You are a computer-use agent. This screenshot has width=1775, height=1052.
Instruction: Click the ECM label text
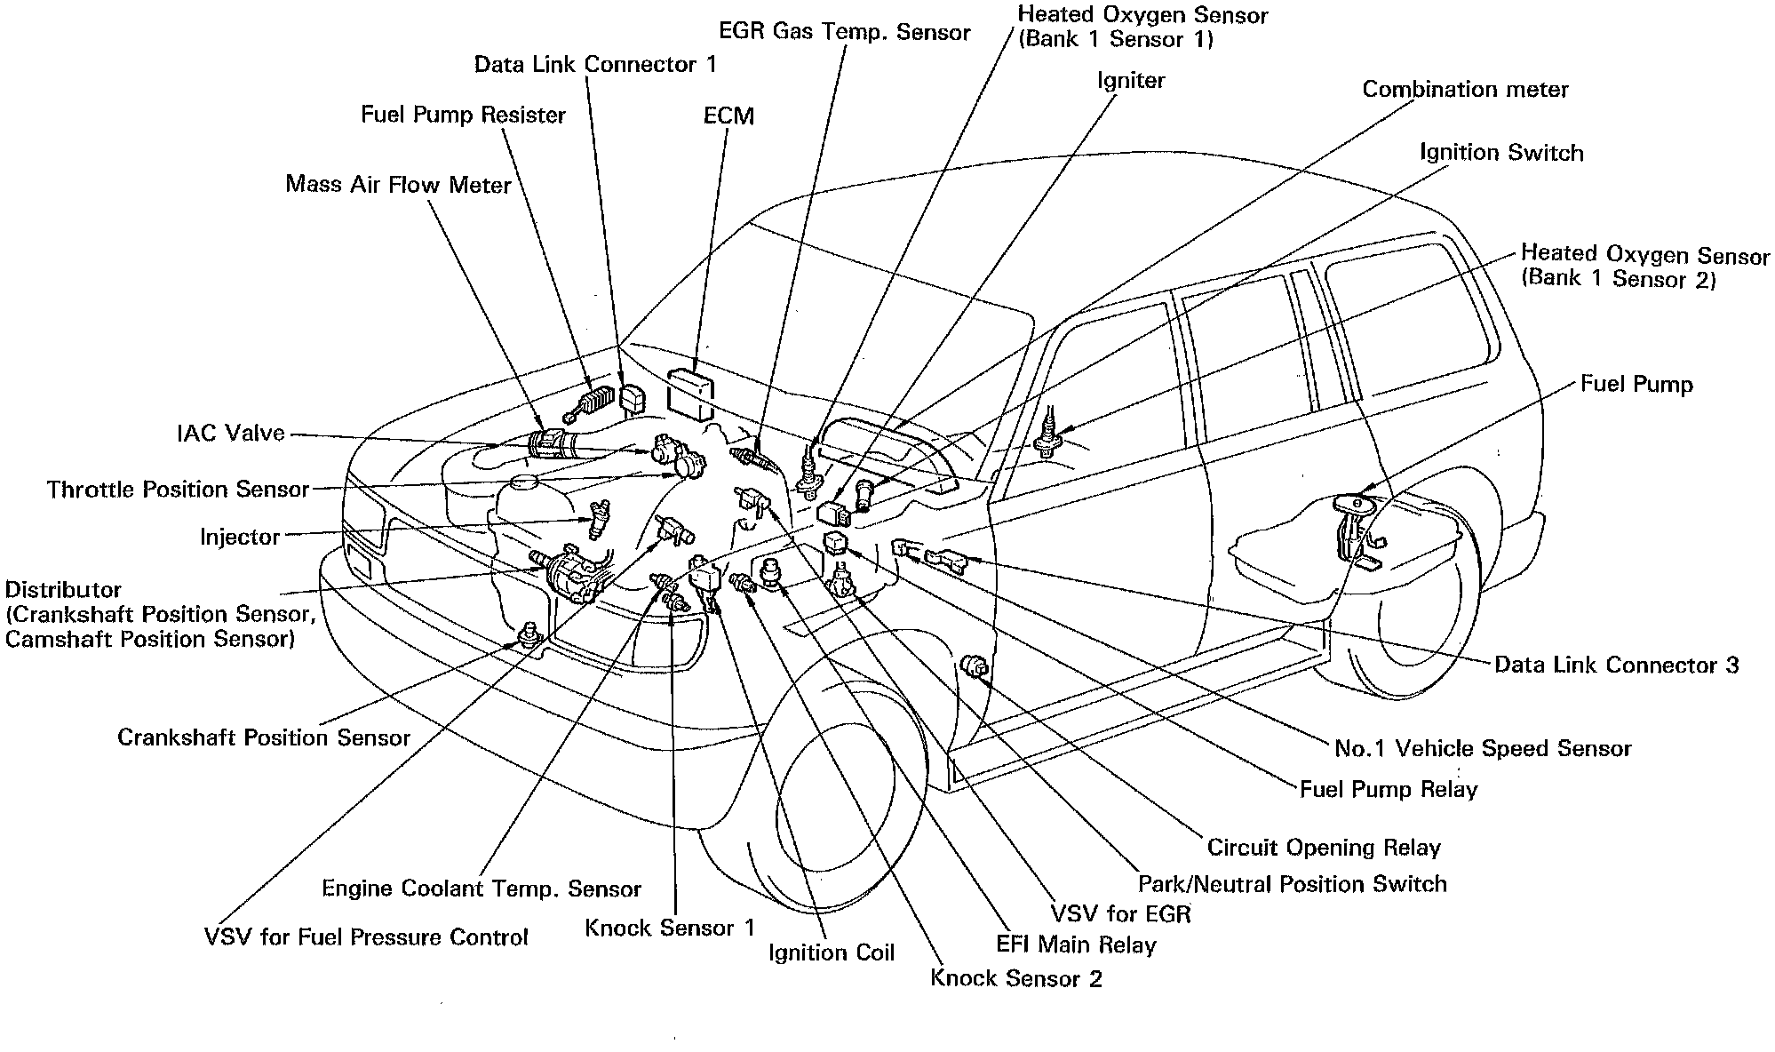pyautogui.click(x=728, y=116)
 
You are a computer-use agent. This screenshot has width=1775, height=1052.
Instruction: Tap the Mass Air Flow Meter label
pyautogui.click(x=398, y=185)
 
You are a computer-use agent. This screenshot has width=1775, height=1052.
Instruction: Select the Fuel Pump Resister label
pyautogui.click(x=463, y=116)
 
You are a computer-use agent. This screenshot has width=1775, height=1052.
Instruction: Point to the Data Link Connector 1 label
pyautogui.click(x=594, y=65)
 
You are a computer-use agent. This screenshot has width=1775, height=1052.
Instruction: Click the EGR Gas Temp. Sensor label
pyautogui.click(x=844, y=34)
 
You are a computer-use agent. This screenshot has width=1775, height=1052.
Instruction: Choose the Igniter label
pyautogui.click(x=1130, y=81)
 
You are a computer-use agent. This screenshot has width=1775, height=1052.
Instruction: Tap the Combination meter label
pyautogui.click(x=1465, y=90)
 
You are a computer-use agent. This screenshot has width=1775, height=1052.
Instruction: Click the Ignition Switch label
pyautogui.click(x=1500, y=153)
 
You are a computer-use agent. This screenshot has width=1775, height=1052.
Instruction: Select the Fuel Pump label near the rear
pyautogui.click(x=1636, y=385)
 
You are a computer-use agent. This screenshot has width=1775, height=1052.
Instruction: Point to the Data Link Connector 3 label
pyautogui.click(x=1616, y=665)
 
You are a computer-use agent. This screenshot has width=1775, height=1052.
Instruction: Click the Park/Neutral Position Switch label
pyautogui.click(x=1292, y=884)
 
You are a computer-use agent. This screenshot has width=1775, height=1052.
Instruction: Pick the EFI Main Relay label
pyautogui.click(x=1076, y=944)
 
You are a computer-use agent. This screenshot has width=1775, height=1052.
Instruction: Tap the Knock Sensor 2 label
pyautogui.click(x=1015, y=979)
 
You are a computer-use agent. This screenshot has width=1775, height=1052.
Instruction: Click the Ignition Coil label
pyautogui.click(x=832, y=953)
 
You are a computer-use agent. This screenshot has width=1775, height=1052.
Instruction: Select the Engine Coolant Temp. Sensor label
pyautogui.click(x=481, y=889)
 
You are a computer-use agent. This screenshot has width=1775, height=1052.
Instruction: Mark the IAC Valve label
pyautogui.click(x=231, y=434)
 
